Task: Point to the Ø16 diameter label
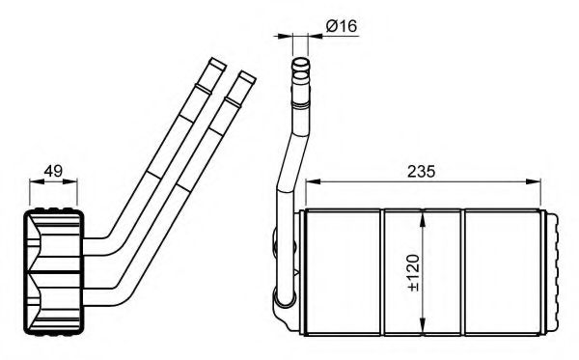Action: [341, 26]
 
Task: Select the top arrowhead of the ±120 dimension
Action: [423, 216]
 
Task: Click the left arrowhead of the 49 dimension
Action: [33, 183]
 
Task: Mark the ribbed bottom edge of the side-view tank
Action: [54, 332]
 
